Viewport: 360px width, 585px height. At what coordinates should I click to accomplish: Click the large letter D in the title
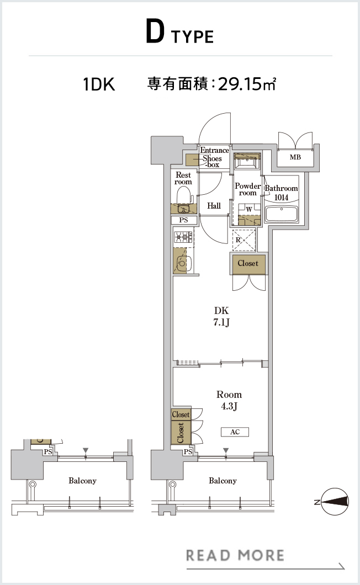pyautogui.click(x=155, y=32)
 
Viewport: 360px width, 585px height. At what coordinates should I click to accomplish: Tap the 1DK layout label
pyautogui.click(x=99, y=84)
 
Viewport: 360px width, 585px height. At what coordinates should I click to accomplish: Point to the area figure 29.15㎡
pyautogui.click(x=247, y=84)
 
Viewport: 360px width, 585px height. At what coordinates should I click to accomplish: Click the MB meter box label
pyautogui.click(x=295, y=157)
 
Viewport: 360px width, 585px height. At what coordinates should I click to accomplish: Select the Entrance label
pyautogui.click(x=214, y=150)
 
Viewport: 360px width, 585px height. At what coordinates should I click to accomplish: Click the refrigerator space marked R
pyautogui.click(x=244, y=240)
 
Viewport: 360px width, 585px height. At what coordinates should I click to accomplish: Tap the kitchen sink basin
pyautogui.click(x=183, y=264)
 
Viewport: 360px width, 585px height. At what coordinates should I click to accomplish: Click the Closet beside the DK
pyautogui.click(x=248, y=263)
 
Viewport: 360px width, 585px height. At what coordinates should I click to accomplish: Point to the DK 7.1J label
pyautogui.click(x=221, y=316)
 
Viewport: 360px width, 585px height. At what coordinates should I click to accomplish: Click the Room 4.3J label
pyautogui.click(x=229, y=400)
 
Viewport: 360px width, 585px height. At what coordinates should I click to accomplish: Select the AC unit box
pyautogui.click(x=235, y=432)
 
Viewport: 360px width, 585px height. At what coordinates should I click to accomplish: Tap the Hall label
pyautogui.click(x=214, y=205)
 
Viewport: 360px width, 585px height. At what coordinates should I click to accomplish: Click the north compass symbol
pyautogui.click(x=335, y=502)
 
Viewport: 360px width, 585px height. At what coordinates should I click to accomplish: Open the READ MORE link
pyautogui.click(x=235, y=555)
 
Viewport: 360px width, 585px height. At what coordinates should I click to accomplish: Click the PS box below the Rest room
pyautogui.click(x=183, y=220)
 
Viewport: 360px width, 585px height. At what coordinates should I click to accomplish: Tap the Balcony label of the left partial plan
pyautogui.click(x=82, y=481)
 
